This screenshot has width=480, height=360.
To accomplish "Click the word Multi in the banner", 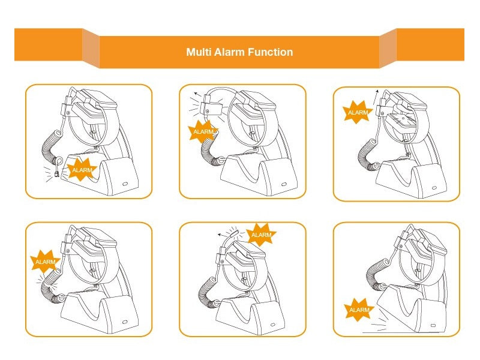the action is (x=199, y=52).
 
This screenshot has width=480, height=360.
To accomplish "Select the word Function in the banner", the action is (x=270, y=52).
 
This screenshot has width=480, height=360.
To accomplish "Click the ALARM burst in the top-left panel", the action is (x=82, y=170).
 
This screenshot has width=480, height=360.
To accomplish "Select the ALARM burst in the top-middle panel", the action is (x=203, y=131).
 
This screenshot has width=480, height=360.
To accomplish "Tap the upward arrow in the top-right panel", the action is (x=376, y=97).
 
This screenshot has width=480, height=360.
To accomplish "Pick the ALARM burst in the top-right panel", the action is (x=358, y=112).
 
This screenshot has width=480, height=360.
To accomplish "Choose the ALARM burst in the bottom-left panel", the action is (x=45, y=262).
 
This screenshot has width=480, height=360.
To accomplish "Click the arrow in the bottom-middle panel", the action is (x=222, y=235).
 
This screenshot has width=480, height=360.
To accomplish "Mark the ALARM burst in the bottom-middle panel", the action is (x=261, y=235).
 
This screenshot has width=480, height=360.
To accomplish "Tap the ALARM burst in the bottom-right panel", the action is (x=359, y=310).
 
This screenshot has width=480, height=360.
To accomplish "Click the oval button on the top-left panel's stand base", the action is (x=125, y=184).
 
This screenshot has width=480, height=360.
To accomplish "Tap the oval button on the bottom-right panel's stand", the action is (x=433, y=325).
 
